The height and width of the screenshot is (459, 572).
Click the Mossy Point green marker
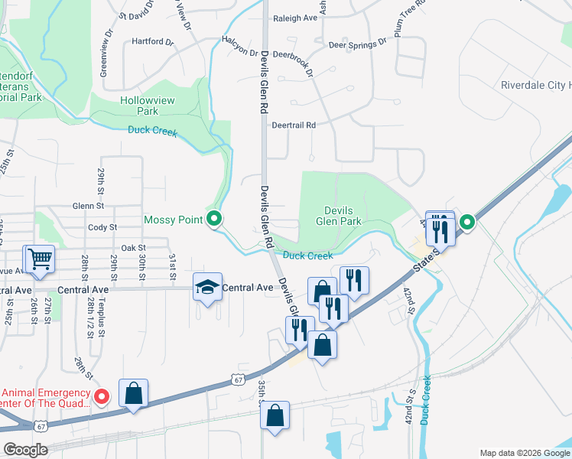[x=215, y=220]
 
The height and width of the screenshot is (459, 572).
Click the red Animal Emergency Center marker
[x=105, y=396]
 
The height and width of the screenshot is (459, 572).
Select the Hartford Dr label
[x=148, y=41]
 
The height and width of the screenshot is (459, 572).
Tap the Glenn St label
[x=88, y=206]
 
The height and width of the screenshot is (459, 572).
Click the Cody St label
[x=102, y=227]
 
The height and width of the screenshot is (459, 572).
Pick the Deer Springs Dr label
[x=357, y=44]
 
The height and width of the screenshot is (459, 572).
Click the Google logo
[x=25, y=450]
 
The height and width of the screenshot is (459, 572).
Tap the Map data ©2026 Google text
[x=523, y=452]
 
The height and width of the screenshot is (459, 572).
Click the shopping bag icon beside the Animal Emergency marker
[x=133, y=392]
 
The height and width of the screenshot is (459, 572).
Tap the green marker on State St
[x=466, y=223]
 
